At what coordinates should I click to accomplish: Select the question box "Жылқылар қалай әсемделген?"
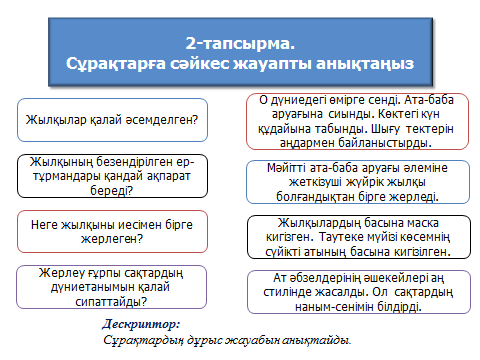112,119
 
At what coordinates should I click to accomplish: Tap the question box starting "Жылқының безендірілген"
112,173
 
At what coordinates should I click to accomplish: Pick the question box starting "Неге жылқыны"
112,231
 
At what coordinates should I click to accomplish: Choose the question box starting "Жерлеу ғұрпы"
112,286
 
